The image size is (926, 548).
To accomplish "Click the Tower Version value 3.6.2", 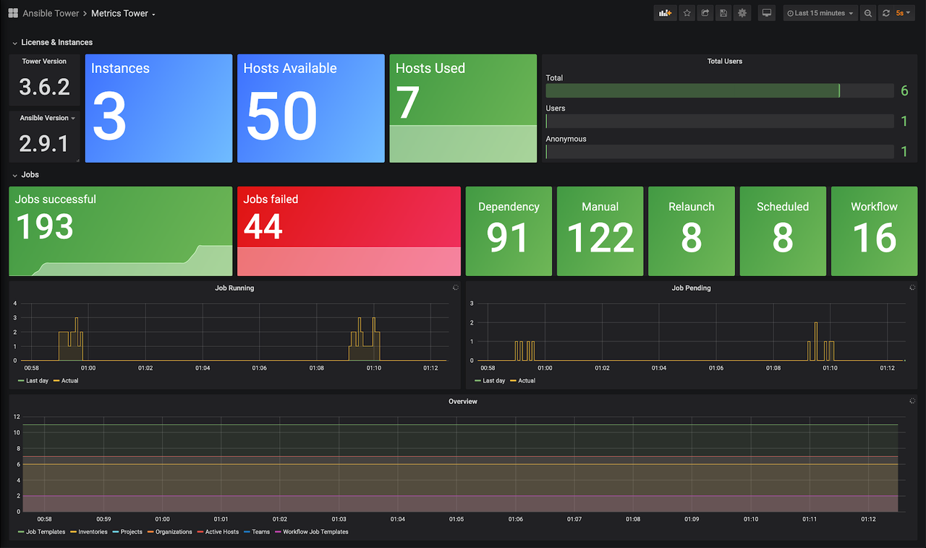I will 44,87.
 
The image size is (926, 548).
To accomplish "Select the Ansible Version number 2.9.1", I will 44,143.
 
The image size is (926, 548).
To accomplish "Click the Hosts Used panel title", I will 430,69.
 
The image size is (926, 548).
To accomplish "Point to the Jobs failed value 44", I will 262,227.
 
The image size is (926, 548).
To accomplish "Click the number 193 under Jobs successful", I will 45,227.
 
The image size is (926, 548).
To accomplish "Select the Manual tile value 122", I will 600,237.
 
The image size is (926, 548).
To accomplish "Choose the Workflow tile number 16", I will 874,237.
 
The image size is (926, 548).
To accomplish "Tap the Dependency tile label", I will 509,207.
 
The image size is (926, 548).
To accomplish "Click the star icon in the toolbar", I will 687,13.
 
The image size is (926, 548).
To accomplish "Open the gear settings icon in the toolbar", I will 742,13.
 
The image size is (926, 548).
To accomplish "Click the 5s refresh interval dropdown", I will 903,13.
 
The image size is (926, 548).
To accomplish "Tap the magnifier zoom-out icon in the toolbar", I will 868,13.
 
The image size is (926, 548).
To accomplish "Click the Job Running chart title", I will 234,288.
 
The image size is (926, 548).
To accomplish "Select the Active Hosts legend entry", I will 221,532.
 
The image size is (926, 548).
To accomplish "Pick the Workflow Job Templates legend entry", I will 315,532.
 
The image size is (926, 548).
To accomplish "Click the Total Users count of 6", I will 904,91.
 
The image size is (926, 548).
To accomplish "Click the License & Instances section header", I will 56,43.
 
